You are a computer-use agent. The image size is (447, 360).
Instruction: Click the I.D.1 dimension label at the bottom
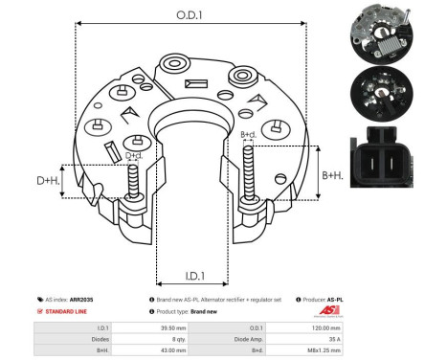point(195,276)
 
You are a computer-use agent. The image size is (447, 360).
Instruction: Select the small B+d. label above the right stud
point(248,134)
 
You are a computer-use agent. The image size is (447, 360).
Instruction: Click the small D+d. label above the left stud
point(134,155)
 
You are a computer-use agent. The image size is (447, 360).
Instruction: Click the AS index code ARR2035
point(81,300)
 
